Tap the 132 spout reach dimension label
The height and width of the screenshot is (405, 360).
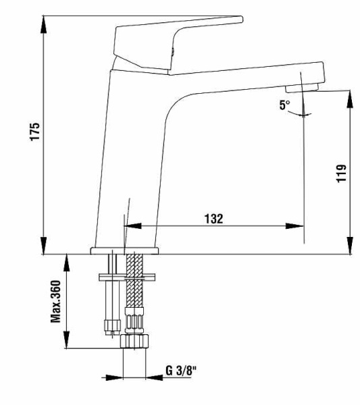coord(214,219)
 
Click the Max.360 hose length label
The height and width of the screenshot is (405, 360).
coord(57,301)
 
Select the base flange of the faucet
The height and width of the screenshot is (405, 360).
coord(124,251)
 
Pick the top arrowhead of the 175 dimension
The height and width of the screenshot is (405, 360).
coord(44,19)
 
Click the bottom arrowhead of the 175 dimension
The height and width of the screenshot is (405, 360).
coord(44,248)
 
